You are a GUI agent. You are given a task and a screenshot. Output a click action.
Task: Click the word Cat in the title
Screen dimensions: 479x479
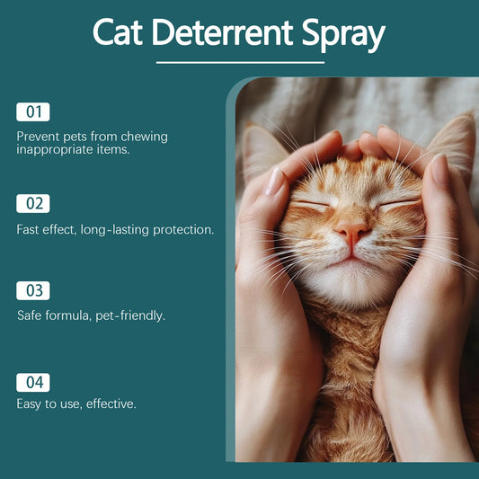[118, 32]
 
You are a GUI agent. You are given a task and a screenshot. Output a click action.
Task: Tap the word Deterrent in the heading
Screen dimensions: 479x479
[222, 32]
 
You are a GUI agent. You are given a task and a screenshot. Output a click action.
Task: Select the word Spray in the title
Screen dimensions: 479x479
[343, 35]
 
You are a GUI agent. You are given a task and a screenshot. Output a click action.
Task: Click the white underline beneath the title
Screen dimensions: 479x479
[240, 63]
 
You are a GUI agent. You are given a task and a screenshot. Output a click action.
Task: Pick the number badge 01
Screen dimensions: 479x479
[33, 111]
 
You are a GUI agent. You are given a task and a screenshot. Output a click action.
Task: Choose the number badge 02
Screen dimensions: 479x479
[33, 203]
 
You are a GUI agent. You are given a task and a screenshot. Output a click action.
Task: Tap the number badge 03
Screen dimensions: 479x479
[33, 290]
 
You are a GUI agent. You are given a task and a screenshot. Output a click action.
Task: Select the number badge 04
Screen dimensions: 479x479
[33, 383]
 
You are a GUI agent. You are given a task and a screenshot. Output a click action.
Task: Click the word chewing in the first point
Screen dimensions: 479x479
[144, 137]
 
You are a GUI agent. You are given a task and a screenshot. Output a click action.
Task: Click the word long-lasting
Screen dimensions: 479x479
[114, 230]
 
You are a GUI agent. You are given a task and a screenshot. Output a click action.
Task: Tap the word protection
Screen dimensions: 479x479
[183, 231]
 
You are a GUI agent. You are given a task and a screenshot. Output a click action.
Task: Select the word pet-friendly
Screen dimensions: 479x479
[130, 316]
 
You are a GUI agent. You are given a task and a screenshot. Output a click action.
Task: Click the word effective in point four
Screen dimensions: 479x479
[111, 404]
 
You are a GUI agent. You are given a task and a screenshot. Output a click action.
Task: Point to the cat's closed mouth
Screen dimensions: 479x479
[351, 259]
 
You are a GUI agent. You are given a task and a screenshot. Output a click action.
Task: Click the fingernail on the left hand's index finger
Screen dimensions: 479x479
[275, 181]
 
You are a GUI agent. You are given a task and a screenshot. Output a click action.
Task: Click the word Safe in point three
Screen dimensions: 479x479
[30, 315]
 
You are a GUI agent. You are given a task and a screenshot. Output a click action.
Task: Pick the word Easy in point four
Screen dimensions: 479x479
[29, 404]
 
